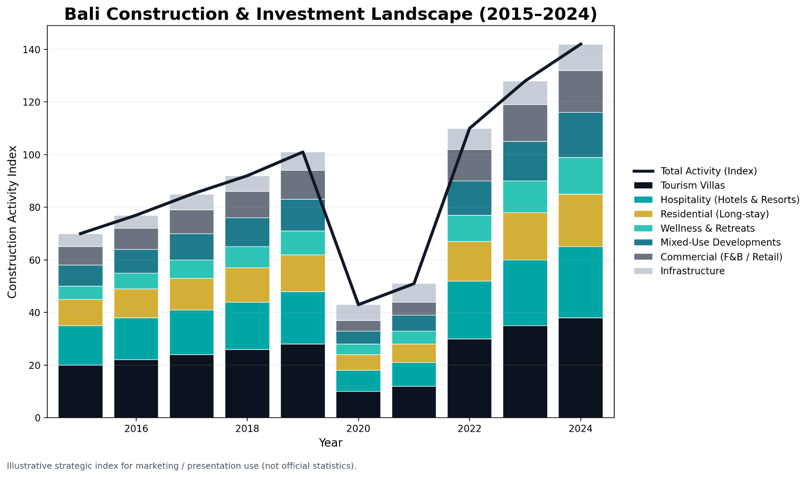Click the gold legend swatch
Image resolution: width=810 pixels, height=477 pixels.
coord(643,214)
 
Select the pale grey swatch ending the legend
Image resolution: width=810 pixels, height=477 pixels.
coord(643,271)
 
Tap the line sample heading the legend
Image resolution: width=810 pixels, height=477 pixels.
coord(643,171)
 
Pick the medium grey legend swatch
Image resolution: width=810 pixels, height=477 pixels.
coord(643,257)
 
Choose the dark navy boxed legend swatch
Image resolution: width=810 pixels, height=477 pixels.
coord(643,185)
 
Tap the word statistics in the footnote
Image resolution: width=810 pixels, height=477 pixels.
coord(332,466)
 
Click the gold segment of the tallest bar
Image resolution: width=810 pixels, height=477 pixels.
coord(580,220)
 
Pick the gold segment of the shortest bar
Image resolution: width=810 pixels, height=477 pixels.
coord(358,362)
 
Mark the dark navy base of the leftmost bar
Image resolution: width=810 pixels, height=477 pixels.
coord(80,391)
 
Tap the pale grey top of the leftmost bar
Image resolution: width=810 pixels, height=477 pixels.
coord(80,240)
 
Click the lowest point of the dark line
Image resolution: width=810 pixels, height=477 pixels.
coord(358,304)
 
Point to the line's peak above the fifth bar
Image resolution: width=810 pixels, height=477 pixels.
coord(303,152)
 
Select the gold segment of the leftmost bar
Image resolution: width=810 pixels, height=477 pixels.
coord(80,312)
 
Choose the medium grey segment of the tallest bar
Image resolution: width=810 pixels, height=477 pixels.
coord(580,91)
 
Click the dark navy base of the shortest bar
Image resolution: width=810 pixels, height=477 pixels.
coord(358,404)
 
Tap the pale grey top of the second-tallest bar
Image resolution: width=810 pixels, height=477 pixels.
coord(525,92)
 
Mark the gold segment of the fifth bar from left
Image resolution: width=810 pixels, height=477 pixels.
coord(303,273)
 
